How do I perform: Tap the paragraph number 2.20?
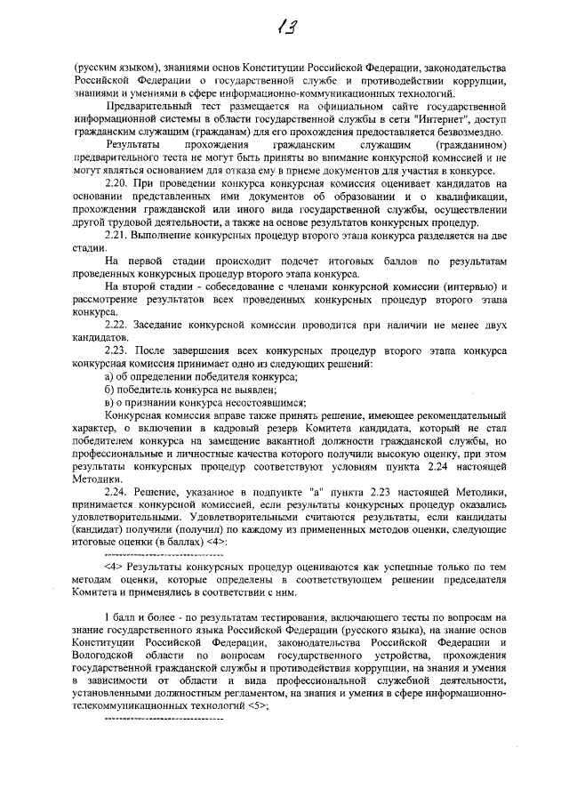(x=116, y=183)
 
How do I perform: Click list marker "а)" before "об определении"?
(x=109, y=376)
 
